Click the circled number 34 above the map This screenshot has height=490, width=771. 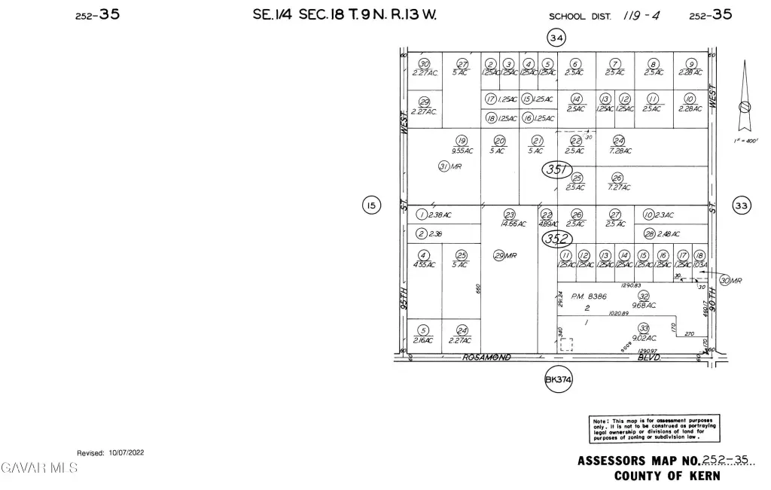pyautogui.click(x=556, y=38)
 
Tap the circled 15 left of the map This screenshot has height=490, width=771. pyautogui.click(x=370, y=205)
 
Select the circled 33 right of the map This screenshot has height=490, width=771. pyautogui.click(x=742, y=205)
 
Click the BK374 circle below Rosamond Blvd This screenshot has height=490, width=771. pyautogui.click(x=559, y=381)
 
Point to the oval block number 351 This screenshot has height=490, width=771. pyautogui.click(x=557, y=170)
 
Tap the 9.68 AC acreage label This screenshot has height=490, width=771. pyautogui.click(x=644, y=306)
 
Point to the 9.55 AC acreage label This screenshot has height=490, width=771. pyautogui.click(x=462, y=150)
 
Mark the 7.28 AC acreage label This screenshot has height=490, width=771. pyautogui.click(x=620, y=151)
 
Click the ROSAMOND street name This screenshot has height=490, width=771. pyautogui.click(x=486, y=357)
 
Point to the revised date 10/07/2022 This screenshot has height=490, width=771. pyautogui.click(x=111, y=452)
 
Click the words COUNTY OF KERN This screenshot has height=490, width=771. pyautogui.click(x=667, y=476)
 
